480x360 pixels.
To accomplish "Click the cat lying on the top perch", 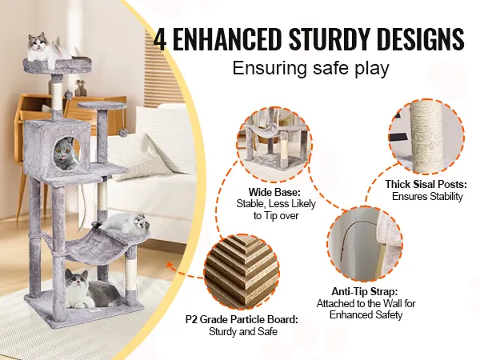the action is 46,49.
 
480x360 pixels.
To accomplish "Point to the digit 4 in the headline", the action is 160,39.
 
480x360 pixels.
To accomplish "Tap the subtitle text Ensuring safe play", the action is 310,68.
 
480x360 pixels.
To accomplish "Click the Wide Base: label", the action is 274,193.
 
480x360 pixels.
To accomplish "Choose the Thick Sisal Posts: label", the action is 426,184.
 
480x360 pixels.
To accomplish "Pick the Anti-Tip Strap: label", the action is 365,291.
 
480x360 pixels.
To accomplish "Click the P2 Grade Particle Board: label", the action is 242,319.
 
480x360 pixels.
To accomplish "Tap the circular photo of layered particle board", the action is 242,271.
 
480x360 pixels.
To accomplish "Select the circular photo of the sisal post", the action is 426,136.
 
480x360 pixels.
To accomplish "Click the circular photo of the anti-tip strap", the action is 365,243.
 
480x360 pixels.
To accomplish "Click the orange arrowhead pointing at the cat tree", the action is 170,265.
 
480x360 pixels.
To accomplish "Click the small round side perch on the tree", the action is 102,106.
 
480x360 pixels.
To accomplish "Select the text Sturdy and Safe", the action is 243,331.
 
